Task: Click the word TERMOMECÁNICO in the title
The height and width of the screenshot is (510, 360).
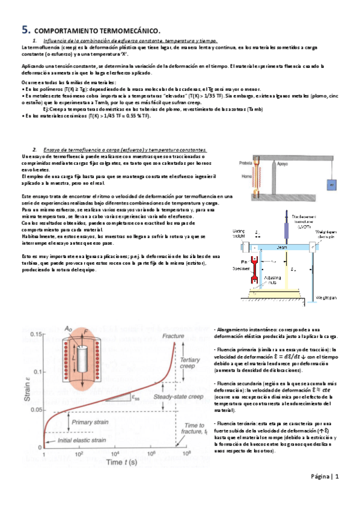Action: tap(132, 30)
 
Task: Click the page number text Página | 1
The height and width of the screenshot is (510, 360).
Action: tap(324, 477)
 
